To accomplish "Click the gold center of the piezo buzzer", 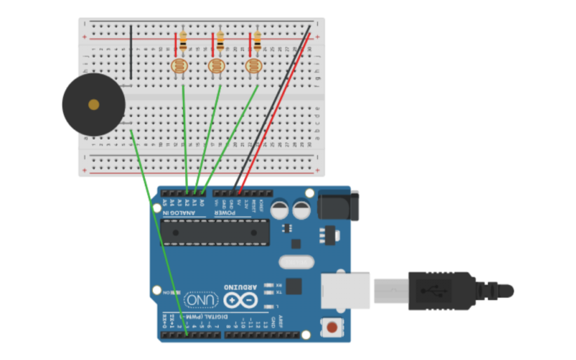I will coord(94,104).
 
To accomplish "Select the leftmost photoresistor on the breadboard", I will coord(180,66).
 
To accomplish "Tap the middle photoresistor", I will coord(217,66).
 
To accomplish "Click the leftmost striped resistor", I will coord(183,43).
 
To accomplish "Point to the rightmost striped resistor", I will coord(257,41).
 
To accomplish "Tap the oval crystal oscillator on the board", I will coord(296,261).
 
